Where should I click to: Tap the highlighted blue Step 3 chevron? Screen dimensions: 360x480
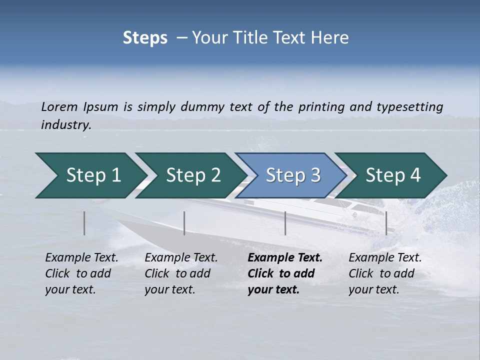click(x=293, y=175)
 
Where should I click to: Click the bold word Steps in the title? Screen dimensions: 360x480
click(x=145, y=38)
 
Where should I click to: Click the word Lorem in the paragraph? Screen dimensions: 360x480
click(x=59, y=106)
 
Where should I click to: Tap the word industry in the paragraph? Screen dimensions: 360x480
click(x=65, y=124)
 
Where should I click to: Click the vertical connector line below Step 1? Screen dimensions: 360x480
click(x=84, y=223)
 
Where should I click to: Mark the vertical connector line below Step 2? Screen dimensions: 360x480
click(x=184, y=223)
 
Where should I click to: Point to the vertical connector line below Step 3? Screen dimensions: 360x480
click(x=285, y=223)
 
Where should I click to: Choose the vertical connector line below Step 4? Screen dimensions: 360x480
click(x=386, y=223)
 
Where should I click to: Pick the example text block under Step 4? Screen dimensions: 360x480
click(x=385, y=273)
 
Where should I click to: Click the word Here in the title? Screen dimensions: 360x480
click(x=332, y=38)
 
